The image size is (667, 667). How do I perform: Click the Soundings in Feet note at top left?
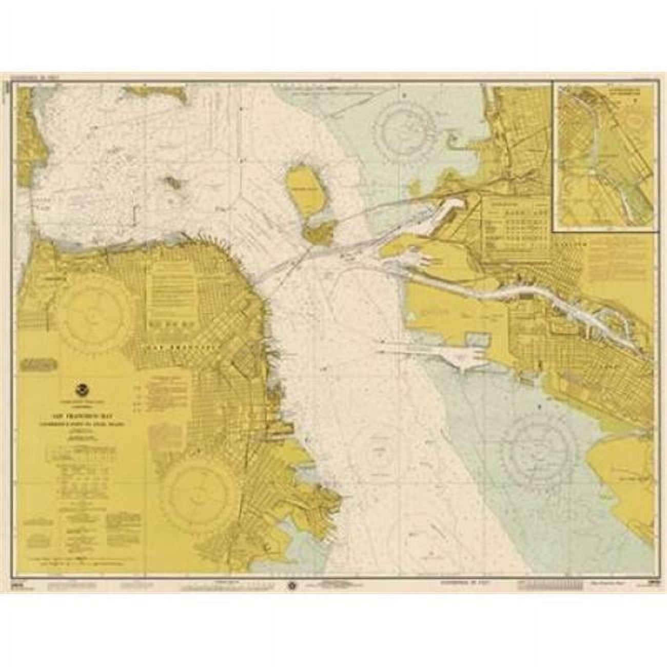tap(31, 81)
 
